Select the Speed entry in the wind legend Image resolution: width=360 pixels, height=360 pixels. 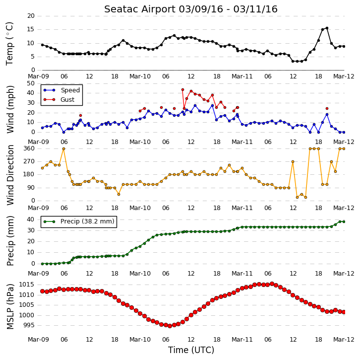point(70,90)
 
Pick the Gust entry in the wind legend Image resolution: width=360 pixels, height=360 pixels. point(67,99)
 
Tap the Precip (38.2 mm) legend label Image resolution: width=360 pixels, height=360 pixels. point(87,221)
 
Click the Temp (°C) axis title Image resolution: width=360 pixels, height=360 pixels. point(9,44)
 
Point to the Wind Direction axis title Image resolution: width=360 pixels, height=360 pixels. point(10,175)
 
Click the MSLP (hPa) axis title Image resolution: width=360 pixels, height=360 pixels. point(10,307)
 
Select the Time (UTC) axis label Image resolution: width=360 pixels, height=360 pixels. point(191,350)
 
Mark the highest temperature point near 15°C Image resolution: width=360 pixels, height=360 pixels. point(327,28)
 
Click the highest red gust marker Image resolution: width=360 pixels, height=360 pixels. point(183,90)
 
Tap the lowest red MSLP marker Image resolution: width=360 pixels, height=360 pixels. point(170,326)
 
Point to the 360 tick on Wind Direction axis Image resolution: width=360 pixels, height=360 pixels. point(29,148)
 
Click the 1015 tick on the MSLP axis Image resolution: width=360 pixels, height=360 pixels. point(26,285)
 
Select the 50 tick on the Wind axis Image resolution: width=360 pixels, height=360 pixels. point(31,83)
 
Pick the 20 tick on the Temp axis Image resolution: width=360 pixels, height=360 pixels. point(31,16)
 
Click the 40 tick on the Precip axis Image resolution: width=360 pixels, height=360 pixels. point(31,219)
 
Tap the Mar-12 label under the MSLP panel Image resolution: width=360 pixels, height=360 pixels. point(344,340)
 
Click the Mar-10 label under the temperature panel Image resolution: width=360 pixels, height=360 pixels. point(140,76)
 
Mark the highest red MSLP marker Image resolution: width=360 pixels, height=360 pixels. point(272,284)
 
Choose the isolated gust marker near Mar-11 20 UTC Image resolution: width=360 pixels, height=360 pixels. point(327,109)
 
